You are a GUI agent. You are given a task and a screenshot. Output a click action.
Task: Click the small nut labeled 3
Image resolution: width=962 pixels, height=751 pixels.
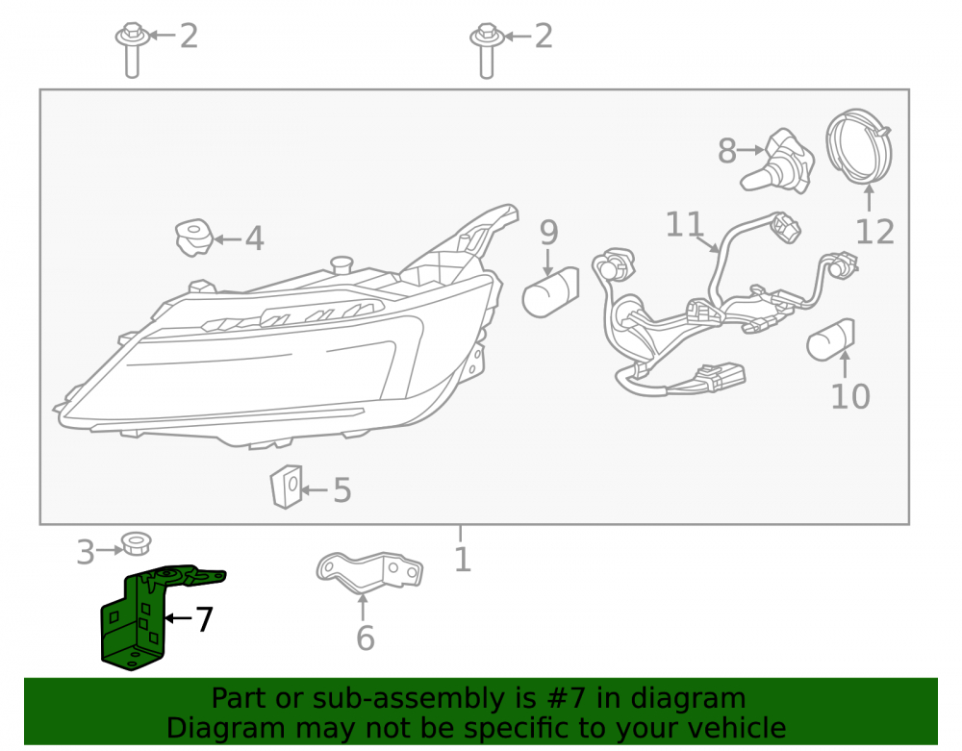click(136, 544)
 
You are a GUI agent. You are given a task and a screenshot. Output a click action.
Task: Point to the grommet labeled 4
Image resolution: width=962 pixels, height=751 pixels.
click(194, 238)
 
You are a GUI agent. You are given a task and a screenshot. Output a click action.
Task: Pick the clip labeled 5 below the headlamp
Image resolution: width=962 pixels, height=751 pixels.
click(287, 487)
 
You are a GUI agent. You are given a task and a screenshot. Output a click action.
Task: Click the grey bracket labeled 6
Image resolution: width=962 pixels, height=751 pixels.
click(370, 572)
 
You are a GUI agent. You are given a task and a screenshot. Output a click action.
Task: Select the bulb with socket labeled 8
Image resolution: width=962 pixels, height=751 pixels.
click(778, 163)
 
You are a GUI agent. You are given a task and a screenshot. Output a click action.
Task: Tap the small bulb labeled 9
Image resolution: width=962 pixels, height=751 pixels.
click(550, 293)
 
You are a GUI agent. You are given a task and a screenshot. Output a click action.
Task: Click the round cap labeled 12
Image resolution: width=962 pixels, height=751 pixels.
click(858, 146)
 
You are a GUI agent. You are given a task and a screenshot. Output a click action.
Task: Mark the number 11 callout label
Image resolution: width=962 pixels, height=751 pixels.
click(684, 224)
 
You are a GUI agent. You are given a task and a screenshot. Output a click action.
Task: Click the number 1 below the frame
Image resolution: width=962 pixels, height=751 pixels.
click(463, 559)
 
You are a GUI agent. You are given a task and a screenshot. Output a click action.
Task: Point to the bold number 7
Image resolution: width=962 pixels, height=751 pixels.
click(204, 619)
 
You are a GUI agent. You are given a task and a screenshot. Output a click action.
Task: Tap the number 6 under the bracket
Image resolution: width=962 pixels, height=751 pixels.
click(365, 638)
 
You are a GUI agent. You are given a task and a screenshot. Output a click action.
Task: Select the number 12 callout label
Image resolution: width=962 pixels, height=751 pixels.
click(874, 232)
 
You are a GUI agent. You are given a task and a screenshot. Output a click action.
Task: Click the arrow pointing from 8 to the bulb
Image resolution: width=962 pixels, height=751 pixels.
click(751, 150)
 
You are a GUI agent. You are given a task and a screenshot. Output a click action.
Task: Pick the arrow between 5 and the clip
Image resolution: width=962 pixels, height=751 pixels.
click(315, 489)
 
